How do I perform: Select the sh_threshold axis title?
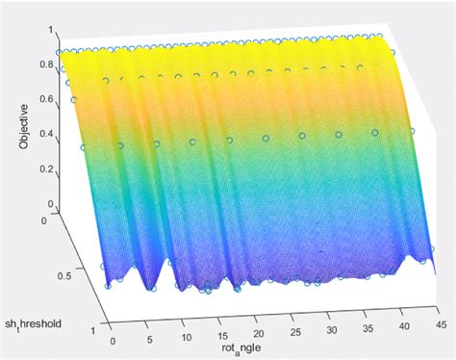[36, 297]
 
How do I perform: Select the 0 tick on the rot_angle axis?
[113, 339]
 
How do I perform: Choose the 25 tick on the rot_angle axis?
[291, 330]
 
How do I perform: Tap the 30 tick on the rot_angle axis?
[326, 328]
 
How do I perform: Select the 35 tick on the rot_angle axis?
[362, 326]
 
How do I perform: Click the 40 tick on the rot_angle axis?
[398, 324]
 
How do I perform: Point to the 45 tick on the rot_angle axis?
[434, 322]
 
